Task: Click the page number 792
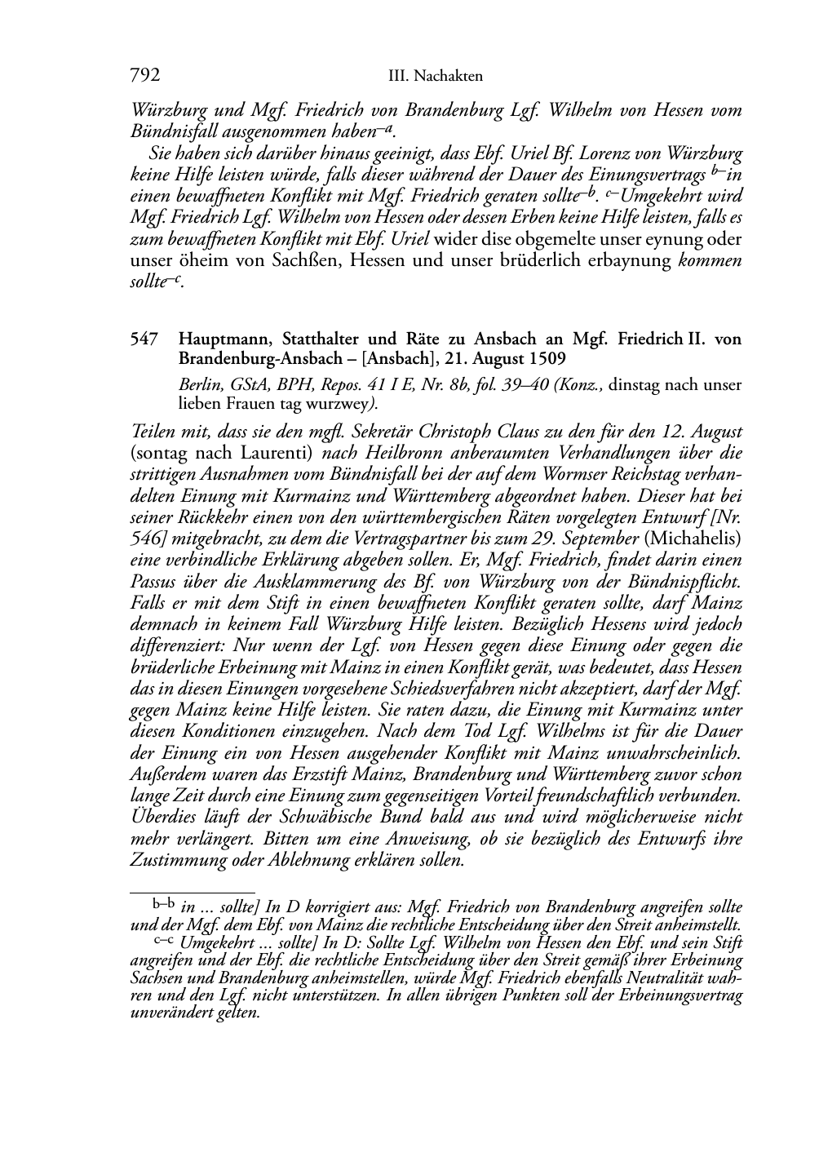(144, 76)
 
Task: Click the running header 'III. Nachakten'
(436, 77)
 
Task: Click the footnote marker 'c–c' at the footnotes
(163, 941)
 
